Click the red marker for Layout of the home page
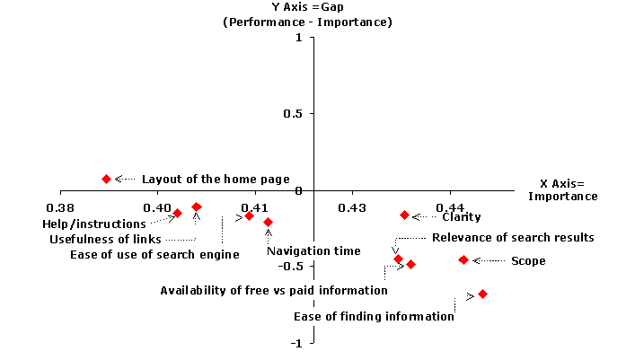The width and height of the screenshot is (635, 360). point(106,179)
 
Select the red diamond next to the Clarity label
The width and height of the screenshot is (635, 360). point(404,215)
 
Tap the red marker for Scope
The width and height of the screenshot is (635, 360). point(463,259)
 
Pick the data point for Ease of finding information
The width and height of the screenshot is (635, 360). point(482,294)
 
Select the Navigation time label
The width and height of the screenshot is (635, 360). point(309,251)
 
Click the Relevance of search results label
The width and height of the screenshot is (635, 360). point(513,238)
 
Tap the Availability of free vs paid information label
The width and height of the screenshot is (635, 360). point(261,290)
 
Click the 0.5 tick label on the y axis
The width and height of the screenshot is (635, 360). point(292,113)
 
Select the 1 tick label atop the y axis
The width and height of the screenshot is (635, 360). point(298,39)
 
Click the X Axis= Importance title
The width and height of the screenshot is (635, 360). point(561,189)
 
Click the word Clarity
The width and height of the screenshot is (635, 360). point(461,216)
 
